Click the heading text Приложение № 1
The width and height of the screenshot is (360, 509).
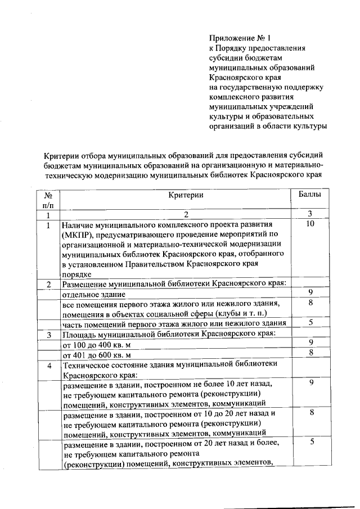pos(240,38)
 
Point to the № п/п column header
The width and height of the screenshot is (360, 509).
pos(48,200)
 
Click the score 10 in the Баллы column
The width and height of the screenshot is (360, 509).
pos(310,224)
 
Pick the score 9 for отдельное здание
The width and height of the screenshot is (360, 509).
pos(310,292)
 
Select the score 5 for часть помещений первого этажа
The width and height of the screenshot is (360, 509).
pos(310,322)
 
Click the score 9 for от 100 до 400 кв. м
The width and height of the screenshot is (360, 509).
pos(310,342)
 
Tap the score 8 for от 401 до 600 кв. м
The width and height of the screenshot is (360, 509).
pos(310,353)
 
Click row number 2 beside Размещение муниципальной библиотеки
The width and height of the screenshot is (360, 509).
pos(49,283)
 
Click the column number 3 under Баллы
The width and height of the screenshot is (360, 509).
pos(310,214)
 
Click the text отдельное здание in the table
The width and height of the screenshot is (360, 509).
pos(94,294)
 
